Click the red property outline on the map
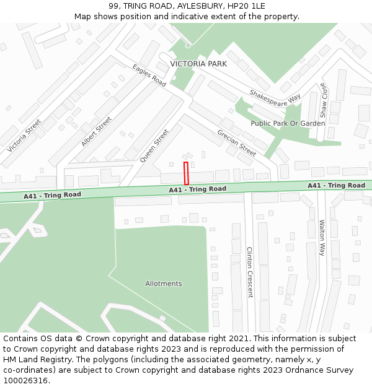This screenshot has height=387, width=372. (x=186, y=173)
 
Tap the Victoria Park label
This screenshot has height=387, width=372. (x=198, y=64)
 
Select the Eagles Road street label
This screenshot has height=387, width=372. (x=149, y=75)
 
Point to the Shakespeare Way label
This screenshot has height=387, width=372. (x=275, y=98)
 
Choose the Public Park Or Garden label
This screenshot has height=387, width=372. (x=288, y=123)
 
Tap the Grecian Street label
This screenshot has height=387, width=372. (x=236, y=142)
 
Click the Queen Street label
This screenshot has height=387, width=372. (x=154, y=146)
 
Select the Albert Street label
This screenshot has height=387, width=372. (x=96, y=131)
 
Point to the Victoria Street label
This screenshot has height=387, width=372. (x=24, y=136)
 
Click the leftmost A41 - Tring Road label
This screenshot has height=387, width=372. (x=52, y=195)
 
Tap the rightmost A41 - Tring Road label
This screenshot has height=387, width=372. (x=336, y=186)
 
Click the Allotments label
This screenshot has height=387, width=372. (x=164, y=284)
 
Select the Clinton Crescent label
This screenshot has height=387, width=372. (x=250, y=272)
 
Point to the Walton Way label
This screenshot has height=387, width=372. (x=322, y=237)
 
